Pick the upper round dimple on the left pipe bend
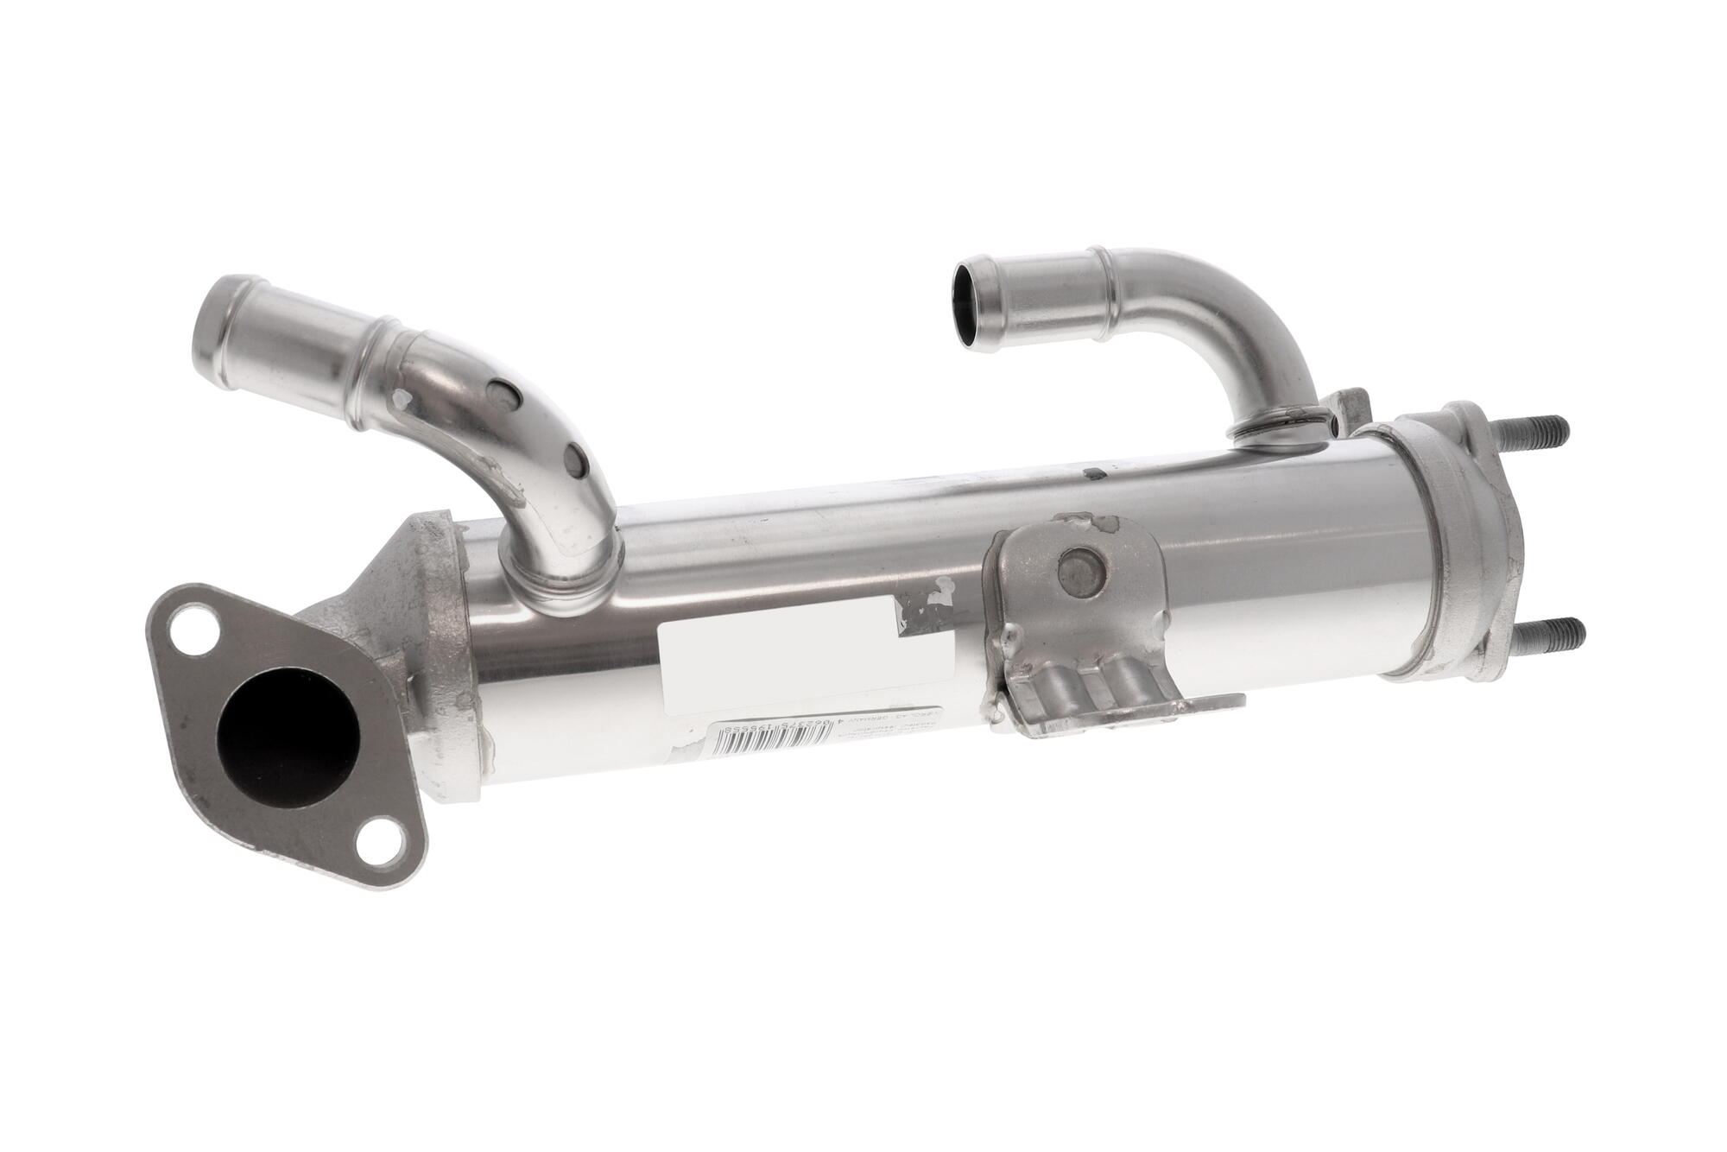(498, 393)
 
